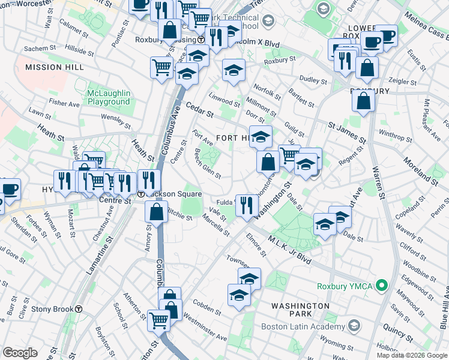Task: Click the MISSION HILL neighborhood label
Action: click(50, 67)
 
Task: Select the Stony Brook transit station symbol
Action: click(79, 309)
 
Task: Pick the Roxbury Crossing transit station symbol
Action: click(202, 40)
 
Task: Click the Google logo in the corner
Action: click(20, 353)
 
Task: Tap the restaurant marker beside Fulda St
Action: click(246, 205)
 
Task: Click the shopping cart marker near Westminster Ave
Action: click(158, 320)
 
